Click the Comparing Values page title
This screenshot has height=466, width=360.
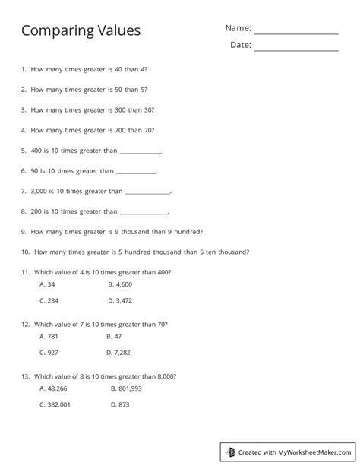click(81, 30)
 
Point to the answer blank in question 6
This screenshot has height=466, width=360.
click(136, 172)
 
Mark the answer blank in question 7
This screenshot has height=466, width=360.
click(147, 192)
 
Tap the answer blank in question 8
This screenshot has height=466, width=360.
click(144, 212)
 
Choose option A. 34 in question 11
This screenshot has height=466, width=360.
click(46, 284)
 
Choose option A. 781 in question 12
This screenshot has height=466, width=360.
click(48, 335)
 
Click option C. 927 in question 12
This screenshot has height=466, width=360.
click(48, 352)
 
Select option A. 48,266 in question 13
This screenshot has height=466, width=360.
click(52, 388)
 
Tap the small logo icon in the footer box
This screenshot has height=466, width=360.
click(232, 452)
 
